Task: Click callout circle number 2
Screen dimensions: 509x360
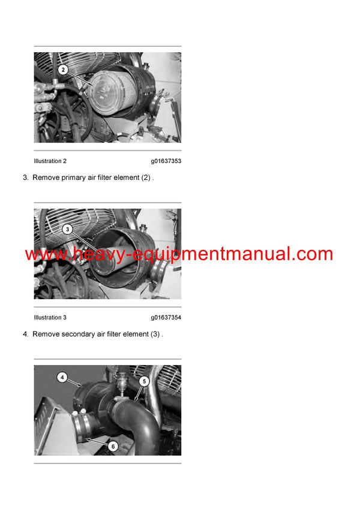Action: pos(64,70)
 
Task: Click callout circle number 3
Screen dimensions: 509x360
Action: pos(67,228)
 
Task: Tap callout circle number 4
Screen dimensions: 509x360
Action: pos(62,378)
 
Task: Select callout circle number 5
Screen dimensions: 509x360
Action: pos(143,381)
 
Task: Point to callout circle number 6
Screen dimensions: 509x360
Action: pos(112,445)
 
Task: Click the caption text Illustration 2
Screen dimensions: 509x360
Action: pos(50,161)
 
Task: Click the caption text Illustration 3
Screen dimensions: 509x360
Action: pos(50,318)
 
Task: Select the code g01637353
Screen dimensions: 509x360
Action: pos(166,161)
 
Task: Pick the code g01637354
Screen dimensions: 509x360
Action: pos(166,318)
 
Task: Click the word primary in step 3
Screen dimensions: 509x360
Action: pos(74,178)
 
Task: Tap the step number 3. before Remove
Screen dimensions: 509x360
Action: pos(26,178)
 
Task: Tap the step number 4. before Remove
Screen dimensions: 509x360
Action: pos(26,334)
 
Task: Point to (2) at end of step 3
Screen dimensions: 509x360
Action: pos(146,178)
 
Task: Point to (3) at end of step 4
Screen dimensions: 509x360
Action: pos(155,334)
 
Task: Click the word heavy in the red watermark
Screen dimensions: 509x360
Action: pos(92,254)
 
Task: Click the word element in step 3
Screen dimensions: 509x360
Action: pos(127,178)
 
